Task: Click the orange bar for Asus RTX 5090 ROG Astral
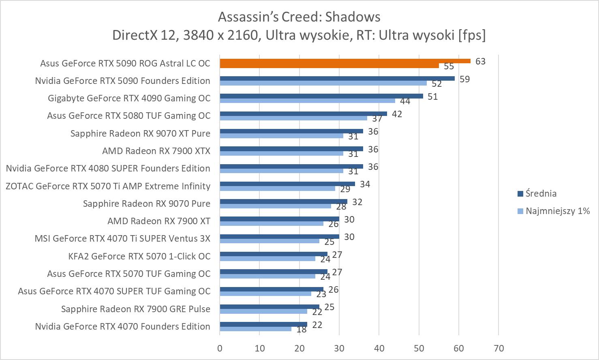pyautogui.click(x=344, y=61)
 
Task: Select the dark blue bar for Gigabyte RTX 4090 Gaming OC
pyautogui.click(x=321, y=96)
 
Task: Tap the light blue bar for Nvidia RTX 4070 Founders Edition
pyautogui.click(x=255, y=329)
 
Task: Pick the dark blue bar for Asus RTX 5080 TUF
pyautogui.click(x=303, y=114)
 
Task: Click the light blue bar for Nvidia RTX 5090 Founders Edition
pyautogui.click(x=323, y=83)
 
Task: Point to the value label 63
pyautogui.click(x=480, y=62)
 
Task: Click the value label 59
pyautogui.click(x=464, y=79)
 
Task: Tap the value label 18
pyautogui.click(x=301, y=330)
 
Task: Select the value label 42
pyautogui.click(x=397, y=114)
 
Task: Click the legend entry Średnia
pyautogui.click(x=541, y=193)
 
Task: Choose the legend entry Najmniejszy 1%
pyautogui.click(x=557, y=211)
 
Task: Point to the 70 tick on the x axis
pyautogui.click(x=498, y=348)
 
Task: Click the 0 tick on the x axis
pyautogui.click(x=220, y=348)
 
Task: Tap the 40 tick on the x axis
pyautogui.click(x=379, y=348)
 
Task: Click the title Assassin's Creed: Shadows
pyautogui.click(x=299, y=17)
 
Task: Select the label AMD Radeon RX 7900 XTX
pyautogui.click(x=156, y=151)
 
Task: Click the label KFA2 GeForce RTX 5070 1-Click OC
pyautogui.click(x=139, y=256)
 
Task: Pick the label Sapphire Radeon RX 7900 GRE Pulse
pyautogui.click(x=135, y=309)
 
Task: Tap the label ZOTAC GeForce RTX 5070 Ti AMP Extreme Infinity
pyautogui.click(x=108, y=186)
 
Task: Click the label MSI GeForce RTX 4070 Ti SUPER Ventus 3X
pyautogui.click(x=122, y=238)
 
